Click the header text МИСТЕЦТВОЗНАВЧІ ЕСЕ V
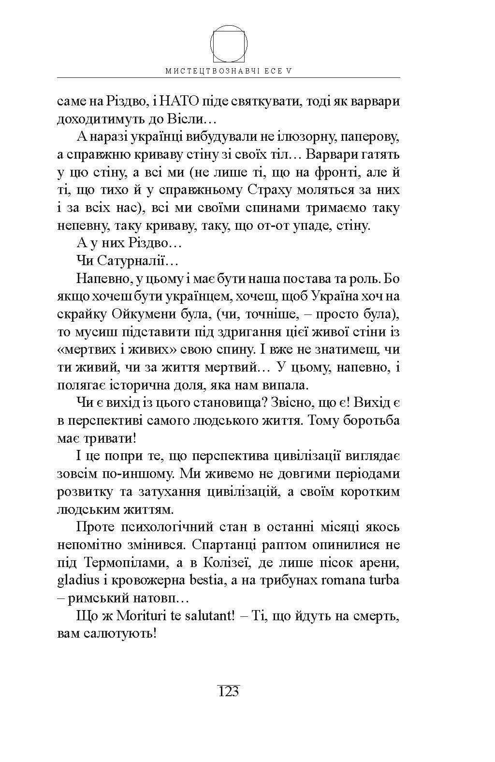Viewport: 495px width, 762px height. point(229,71)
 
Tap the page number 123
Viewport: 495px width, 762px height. point(229,692)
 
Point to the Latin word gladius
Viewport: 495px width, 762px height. point(75,580)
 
